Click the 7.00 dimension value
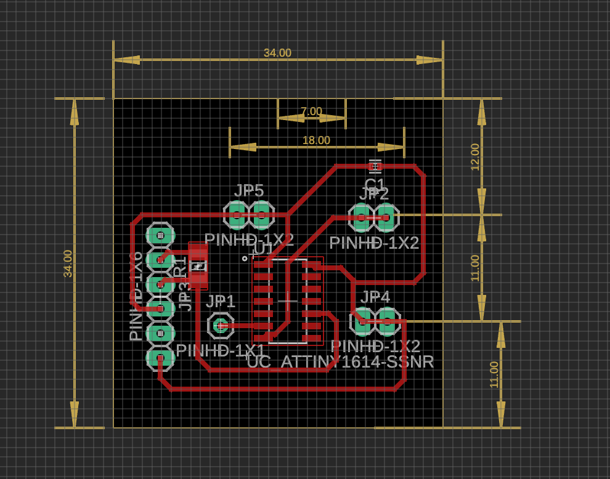click(x=311, y=111)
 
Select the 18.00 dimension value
click(x=316, y=140)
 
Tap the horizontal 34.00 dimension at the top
click(x=277, y=53)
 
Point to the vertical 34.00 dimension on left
click(x=68, y=264)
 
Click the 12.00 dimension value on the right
click(x=475, y=157)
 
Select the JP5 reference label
click(x=249, y=191)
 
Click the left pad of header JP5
click(x=236, y=215)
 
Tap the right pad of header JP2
click(x=386, y=217)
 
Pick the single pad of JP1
click(x=220, y=326)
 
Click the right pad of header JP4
click(x=388, y=321)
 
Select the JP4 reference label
click(x=375, y=297)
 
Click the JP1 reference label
click(x=221, y=302)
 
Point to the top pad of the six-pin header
click(x=160, y=235)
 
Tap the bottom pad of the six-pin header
click(x=160, y=358)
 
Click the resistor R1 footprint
click(x=198, y=266)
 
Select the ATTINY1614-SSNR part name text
click(x=357, y=362)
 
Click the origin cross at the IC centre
click(x=287, y=301)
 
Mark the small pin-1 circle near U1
click(x=245, y=259)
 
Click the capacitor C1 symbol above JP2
click(x=375, y=166)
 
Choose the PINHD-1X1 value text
click(x=220, y=350)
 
